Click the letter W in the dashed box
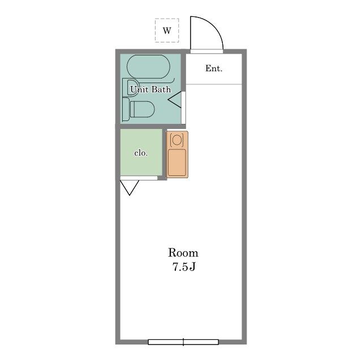click(167, 31)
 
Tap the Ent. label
click(214, 68)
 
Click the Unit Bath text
click(150, 89)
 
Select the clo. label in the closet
click(141, 153)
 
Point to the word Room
click(183, 253)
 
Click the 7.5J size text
click(184, 267)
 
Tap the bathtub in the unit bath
click(148, 67)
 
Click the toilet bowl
click(142, 109)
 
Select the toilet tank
click(126, 109)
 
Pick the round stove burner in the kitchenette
click(177, 140)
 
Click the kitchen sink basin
click(177, 162)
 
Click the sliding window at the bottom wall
click(183, 342)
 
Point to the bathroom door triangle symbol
click(175, 100)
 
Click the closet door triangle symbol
click(130, 188)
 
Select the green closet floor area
click(141, 152)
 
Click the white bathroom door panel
click(183, 107)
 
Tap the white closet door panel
click(139, 178)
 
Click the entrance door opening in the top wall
click(206, 51)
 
